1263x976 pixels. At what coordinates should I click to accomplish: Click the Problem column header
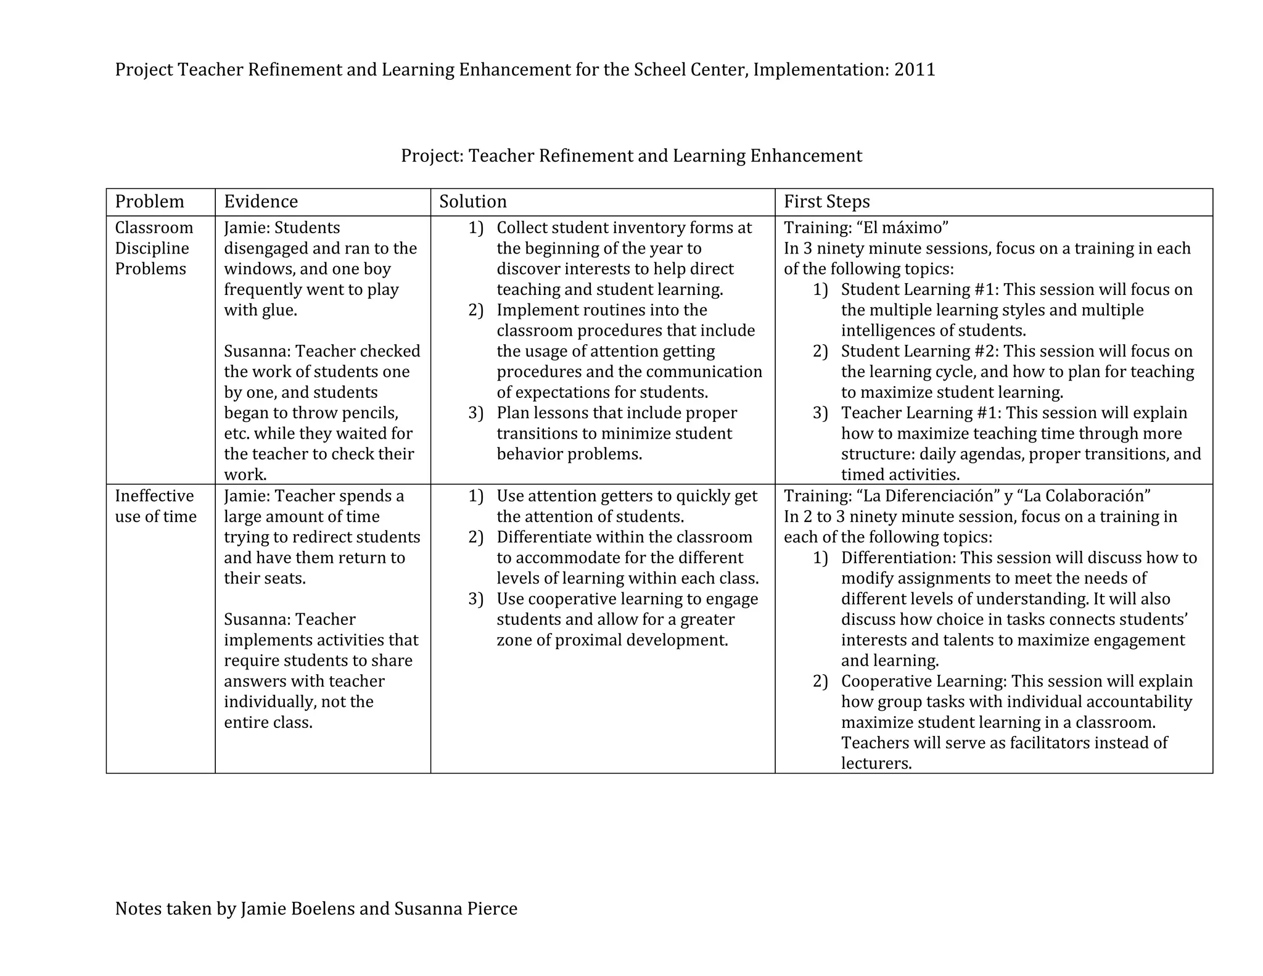point(149,202)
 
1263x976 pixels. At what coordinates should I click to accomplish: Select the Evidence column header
point(260,202)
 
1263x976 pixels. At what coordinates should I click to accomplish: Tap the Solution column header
point(472,202)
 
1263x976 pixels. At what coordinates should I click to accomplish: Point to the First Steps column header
point(826,202)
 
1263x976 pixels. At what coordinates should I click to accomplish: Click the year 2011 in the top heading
point(915,70)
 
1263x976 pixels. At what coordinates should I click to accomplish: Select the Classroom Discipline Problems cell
point(154,248)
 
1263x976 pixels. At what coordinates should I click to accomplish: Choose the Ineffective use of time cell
point(155,506)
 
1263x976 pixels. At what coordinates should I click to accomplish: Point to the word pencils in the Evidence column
point(369,413)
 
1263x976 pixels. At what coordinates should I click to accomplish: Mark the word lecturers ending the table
point(876,764)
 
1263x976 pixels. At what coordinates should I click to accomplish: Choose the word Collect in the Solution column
point(522,228)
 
